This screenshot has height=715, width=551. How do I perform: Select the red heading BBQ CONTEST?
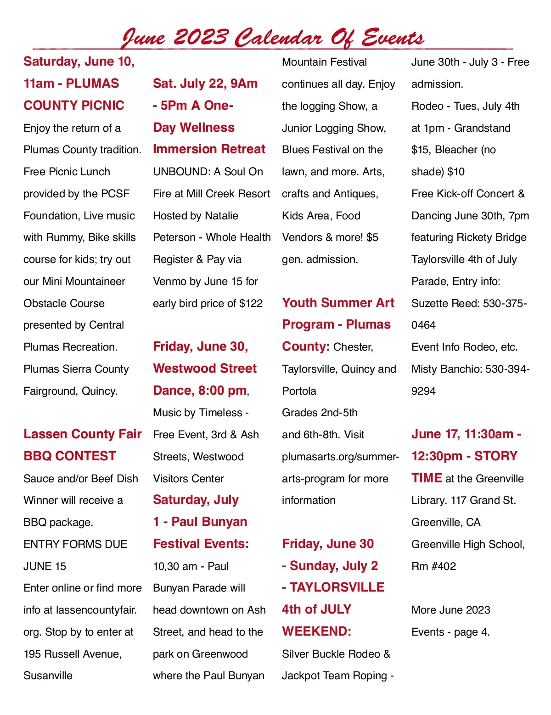[70, 456]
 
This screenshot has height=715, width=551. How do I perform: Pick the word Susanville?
[48, 676]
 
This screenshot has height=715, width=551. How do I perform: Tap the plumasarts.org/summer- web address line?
[340, 457]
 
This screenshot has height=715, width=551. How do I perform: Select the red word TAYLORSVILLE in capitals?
[337, 587]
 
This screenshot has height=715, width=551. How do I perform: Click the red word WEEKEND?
[316, 631]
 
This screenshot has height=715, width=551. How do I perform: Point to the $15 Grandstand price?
[421, 150]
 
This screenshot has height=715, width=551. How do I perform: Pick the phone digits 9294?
[423, 391]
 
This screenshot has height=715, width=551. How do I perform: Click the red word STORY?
[496, 456]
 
